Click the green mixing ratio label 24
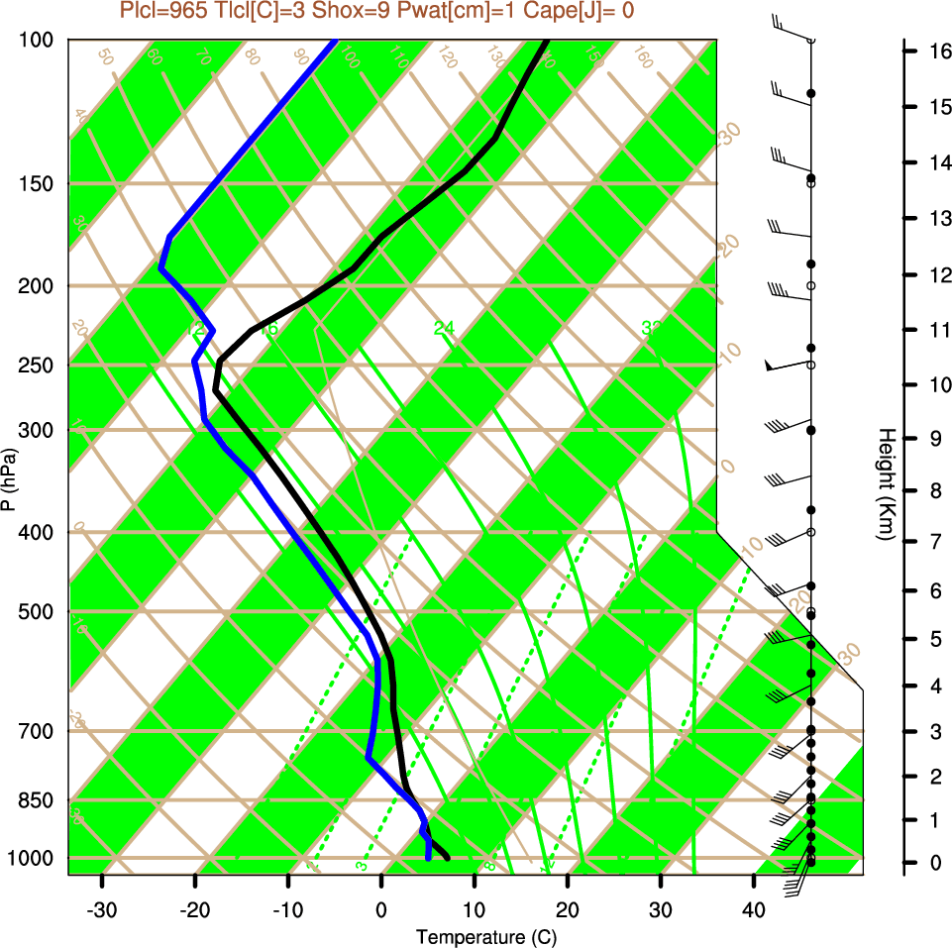[x=444, y=328]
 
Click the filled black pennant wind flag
[x=770, y=366]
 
